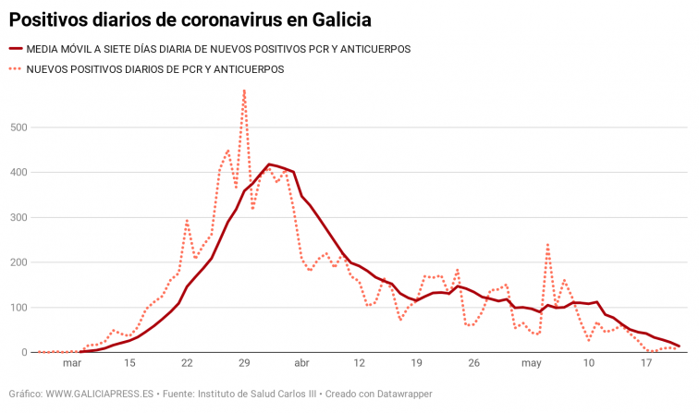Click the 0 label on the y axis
pyautogui.click(x=24, y=353)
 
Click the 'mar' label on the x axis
pyautogui.click(x=72, y=363)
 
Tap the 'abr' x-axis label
pyautogui.click(x=301, y=363)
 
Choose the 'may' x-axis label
pyautogui.click(x=532, y=363)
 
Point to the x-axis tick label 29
pyautogui.click(x=244, y=363)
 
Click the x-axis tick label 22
pyautogui.click(x=187, y=363)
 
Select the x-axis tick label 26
pyautogui.click(x=474, y=363)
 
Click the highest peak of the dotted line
pyautogui.click(x=244, y=91)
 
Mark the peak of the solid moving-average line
pyautogui.click(x=269, y=164)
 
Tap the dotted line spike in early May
pyautogui.click(x=548, y=244)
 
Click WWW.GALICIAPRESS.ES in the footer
pyautogui.click(x=101, y=394)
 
